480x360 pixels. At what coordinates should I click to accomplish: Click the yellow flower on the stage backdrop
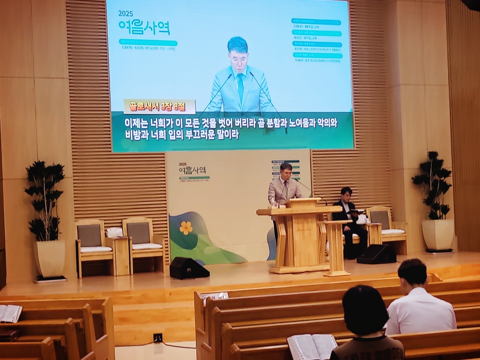point(186,228)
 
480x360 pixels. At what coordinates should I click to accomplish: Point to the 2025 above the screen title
point(126,14)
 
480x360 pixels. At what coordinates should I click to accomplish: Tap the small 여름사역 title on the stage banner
point(192,169)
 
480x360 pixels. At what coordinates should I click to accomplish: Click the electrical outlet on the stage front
point(157,338)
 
